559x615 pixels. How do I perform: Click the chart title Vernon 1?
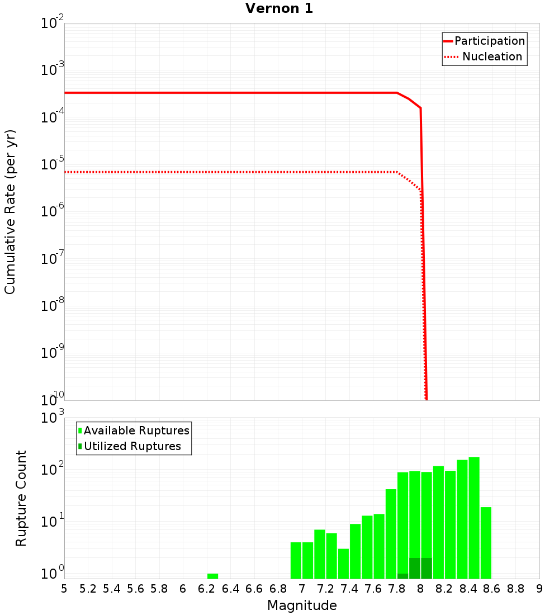(x=279, y=8)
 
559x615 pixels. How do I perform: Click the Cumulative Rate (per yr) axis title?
(x=11, y=212)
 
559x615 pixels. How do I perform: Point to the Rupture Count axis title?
(x=21, y=498)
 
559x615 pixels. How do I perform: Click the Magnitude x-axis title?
(x=302, y=605)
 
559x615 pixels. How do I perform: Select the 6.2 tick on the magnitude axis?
(x=207, y=588)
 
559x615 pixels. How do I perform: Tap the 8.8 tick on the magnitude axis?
(x=515, y=588)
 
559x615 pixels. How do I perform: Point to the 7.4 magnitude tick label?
(x=349, y=588)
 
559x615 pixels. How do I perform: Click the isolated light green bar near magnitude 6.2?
(x=212, y=576)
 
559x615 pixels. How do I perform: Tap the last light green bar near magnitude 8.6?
(x=486, y=542)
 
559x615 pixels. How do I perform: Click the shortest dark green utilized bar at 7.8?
(x=402, y=576)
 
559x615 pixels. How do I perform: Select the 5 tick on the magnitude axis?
(x=64, y=588)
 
